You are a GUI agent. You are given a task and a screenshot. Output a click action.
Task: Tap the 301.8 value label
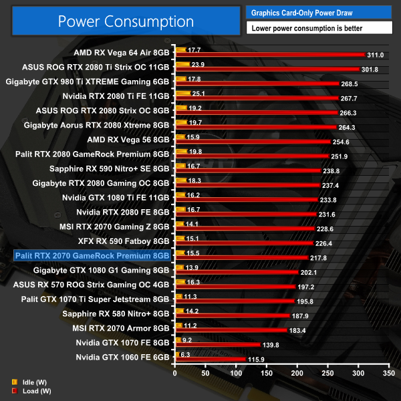tap(370, 68)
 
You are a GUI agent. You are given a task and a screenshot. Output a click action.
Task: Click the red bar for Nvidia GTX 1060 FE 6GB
tap(209, 360)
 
